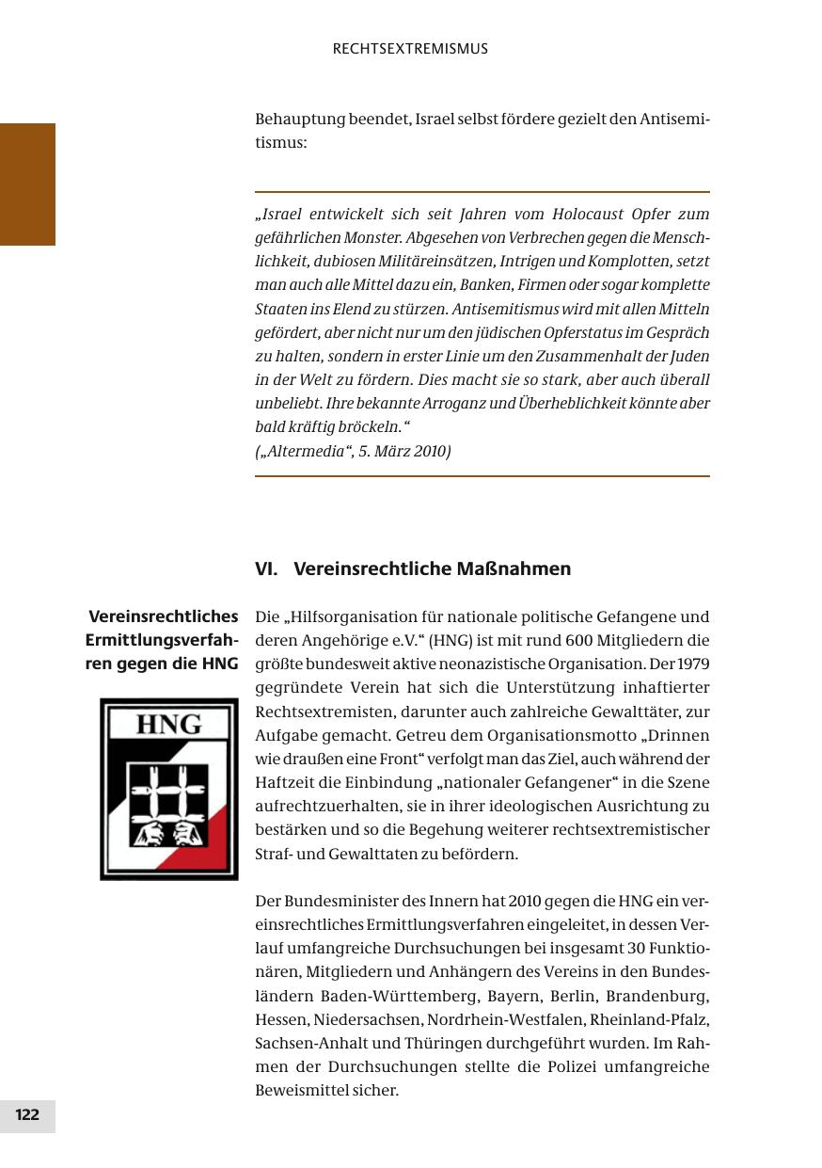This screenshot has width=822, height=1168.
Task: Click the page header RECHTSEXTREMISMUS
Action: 410,49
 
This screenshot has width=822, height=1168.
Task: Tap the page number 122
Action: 27,1115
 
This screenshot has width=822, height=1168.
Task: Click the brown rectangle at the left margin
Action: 27,184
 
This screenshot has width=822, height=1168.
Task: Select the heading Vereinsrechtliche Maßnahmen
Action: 432,569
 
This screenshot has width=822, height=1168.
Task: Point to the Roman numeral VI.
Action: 265,569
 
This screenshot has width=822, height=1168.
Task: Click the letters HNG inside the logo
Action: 169,723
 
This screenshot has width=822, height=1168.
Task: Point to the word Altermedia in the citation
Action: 303,451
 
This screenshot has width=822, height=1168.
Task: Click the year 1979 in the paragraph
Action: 692,664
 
